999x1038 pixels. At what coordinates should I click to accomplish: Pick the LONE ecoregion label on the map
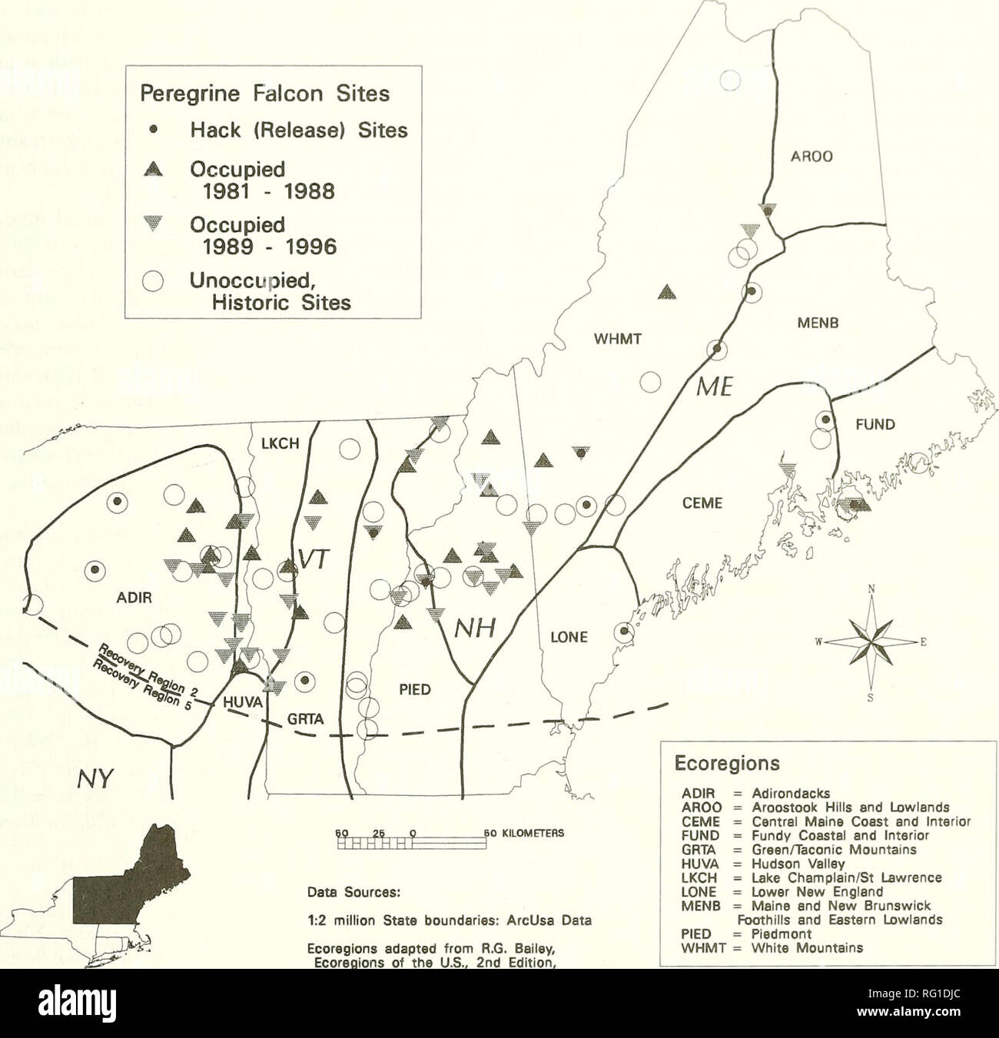pos(570,637)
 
